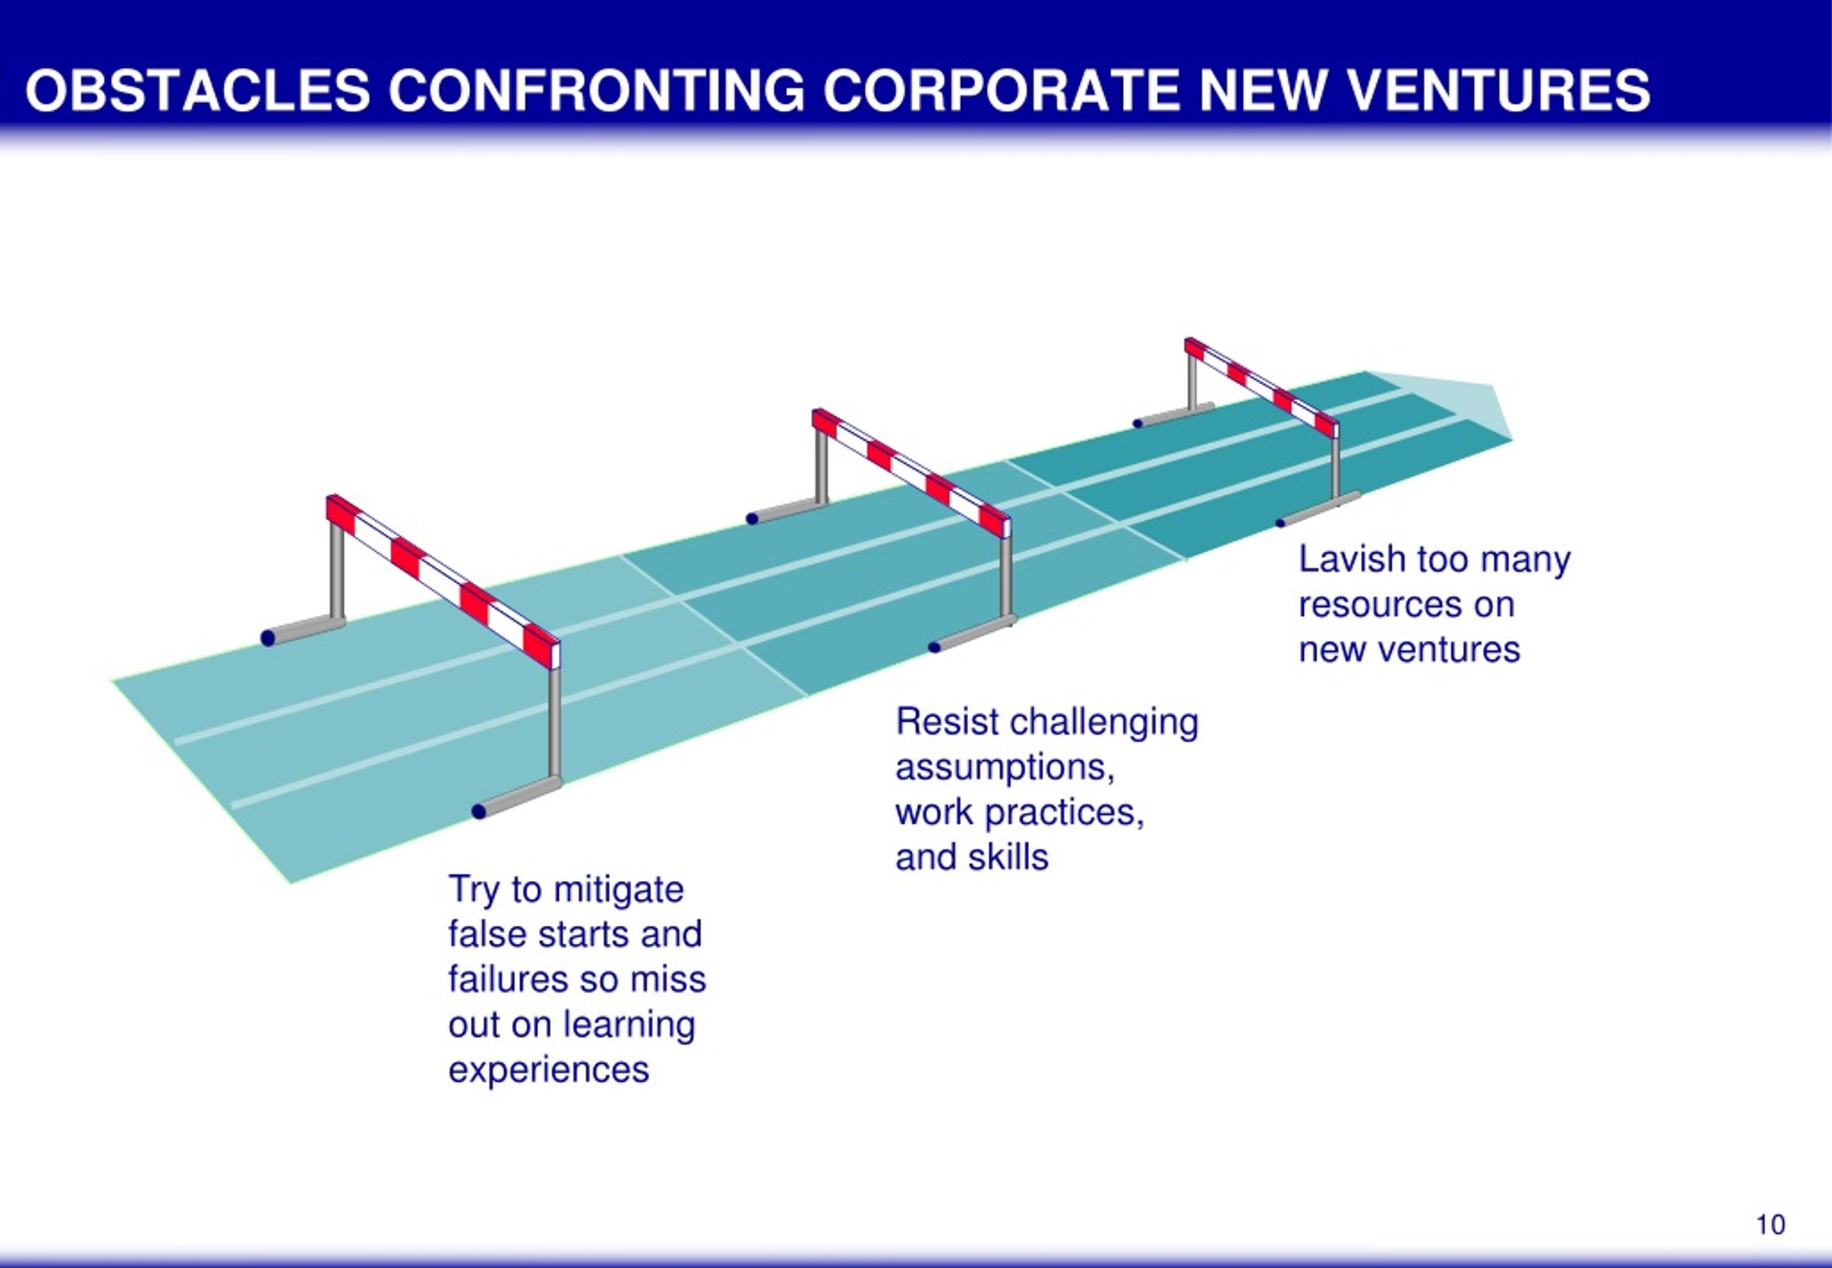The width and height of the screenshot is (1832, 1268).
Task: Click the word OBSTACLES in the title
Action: point(198,89)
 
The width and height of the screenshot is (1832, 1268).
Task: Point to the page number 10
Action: point(1770,1224)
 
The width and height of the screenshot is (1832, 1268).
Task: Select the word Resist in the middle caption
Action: point(947,722)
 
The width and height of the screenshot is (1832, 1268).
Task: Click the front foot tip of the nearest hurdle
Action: point(478,811)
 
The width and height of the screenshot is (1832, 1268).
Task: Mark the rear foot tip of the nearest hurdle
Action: point(268,637)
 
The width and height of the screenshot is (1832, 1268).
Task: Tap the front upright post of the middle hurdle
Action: point(1005,577)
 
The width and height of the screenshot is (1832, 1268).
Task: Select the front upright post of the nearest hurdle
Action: point(555,722)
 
